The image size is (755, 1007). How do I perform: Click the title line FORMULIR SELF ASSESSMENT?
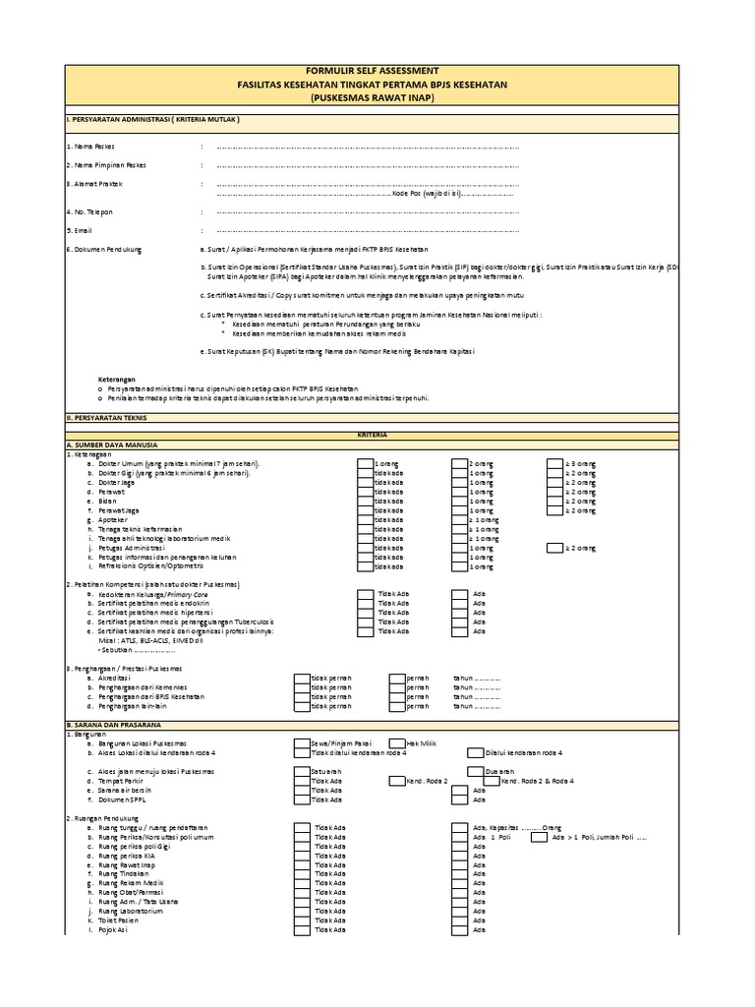(x=367, y=72)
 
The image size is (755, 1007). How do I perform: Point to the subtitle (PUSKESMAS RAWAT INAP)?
(x=367, y=98)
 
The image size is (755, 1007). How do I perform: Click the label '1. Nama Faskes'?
(x=91, y=146)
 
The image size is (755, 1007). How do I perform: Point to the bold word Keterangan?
(x=116, y=379)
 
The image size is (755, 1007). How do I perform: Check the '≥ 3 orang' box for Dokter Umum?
(x=554, y=462)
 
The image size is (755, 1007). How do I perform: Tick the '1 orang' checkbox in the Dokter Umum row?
(x=364, y=462)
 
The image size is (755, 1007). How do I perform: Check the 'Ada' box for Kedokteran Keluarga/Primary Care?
(x=459, y=595)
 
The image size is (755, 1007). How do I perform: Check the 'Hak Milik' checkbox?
(x=396, y=743)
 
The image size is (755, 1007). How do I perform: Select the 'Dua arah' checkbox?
(x=476, y=771)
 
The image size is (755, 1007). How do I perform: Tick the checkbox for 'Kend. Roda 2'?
(x=396, y=781)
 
